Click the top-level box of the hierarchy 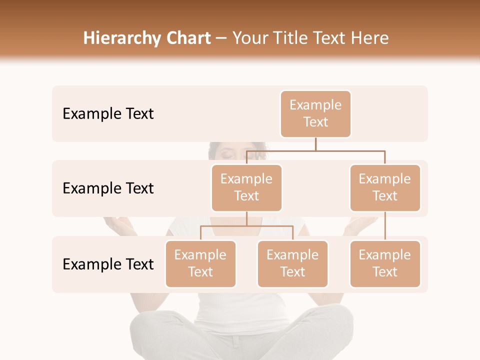(315, 114)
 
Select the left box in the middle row (246, 188)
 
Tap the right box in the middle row (385, 188)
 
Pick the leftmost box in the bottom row (200, 264)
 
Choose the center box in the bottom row (292, 264)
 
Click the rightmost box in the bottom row (385, 264)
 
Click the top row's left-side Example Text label (108, 114)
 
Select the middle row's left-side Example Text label (108, 188)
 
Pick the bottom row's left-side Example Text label (108, 264)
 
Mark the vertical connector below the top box (315, 144)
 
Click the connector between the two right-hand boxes (385, 226)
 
